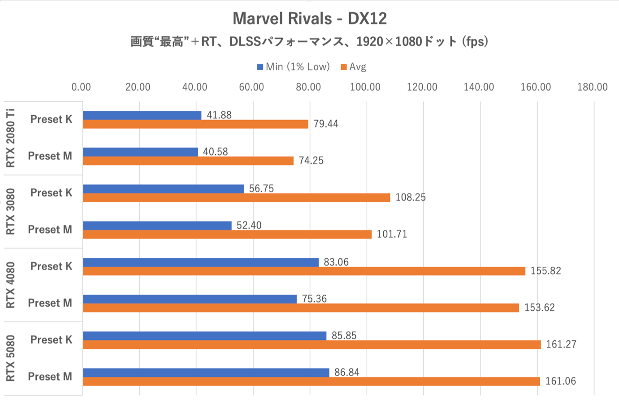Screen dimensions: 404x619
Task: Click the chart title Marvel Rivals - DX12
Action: [x=309, y=19]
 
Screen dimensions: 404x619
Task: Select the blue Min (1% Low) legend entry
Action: [x=293, y=67]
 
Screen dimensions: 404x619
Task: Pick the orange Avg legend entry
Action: [x=354, y=67]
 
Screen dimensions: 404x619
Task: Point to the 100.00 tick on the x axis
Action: [x=365, y=87]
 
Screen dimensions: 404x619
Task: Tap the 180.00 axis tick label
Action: [x=592, y=87]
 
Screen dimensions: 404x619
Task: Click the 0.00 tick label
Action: [x=81, y=87]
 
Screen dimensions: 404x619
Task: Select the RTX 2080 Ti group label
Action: [x=10, y=138]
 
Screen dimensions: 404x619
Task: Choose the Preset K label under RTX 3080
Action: [x=51, y=193]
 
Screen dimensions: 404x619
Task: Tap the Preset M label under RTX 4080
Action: [x=50, y=303]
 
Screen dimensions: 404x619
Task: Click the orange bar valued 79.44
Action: [x=195, y=124]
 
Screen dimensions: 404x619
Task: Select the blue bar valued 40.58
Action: [x=140, y=152]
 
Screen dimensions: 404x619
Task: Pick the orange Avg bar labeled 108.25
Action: [x=236, y=198]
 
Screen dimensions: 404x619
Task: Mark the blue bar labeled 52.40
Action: [x=157, y=226]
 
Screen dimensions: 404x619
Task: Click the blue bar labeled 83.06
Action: [x=200, y=262]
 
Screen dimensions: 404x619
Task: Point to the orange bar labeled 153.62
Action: [x=301, y=308]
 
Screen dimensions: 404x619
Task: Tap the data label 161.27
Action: [x=561, y=344]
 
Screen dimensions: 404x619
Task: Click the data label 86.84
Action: [x=347, y=372]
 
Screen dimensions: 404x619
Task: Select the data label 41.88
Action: [x=219, y=115]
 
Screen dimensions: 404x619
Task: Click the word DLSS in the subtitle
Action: [x=245, y=42]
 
